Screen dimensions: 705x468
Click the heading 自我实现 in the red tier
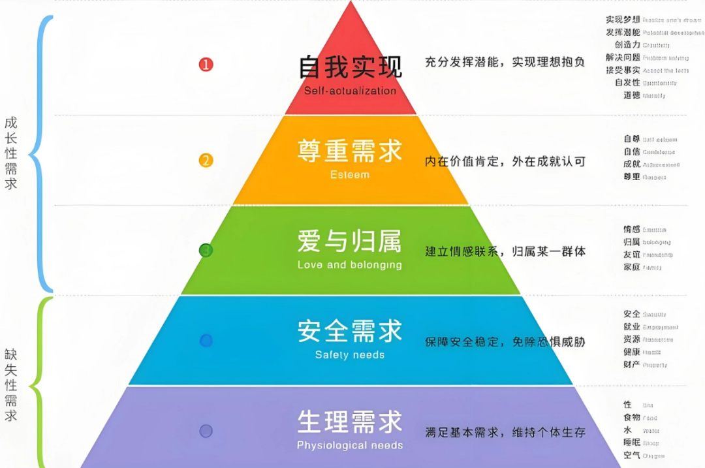[x=351, y=67]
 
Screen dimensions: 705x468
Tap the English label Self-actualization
[x=351, y=91]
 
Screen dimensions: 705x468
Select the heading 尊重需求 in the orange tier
[x=351, y=151]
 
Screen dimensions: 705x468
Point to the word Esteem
[x=351, y=175]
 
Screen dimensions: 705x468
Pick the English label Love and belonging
[x=349, y=265]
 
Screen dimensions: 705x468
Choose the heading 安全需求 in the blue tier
[x=350, y=331]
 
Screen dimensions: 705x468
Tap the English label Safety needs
[x=350, y=355]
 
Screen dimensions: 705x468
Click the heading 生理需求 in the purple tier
[x=350, y=422]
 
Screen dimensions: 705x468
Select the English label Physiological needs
[x=350, y=445]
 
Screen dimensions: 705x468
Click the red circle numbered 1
[x=206, y=65]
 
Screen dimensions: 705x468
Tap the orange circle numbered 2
[x=206, y=161]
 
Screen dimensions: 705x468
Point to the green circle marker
[x=206, y=250]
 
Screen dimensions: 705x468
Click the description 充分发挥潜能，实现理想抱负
[x=505, y=63]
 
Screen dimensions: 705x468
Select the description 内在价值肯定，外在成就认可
[x=505, y=161]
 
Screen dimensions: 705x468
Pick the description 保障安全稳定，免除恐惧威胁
[x=505, y=341]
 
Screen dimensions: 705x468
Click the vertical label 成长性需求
[x=10, y=153]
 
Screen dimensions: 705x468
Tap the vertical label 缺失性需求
[x=10, y=385]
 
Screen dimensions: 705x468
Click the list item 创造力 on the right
[x=627, y=45]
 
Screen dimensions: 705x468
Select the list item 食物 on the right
[x=631, y=418]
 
